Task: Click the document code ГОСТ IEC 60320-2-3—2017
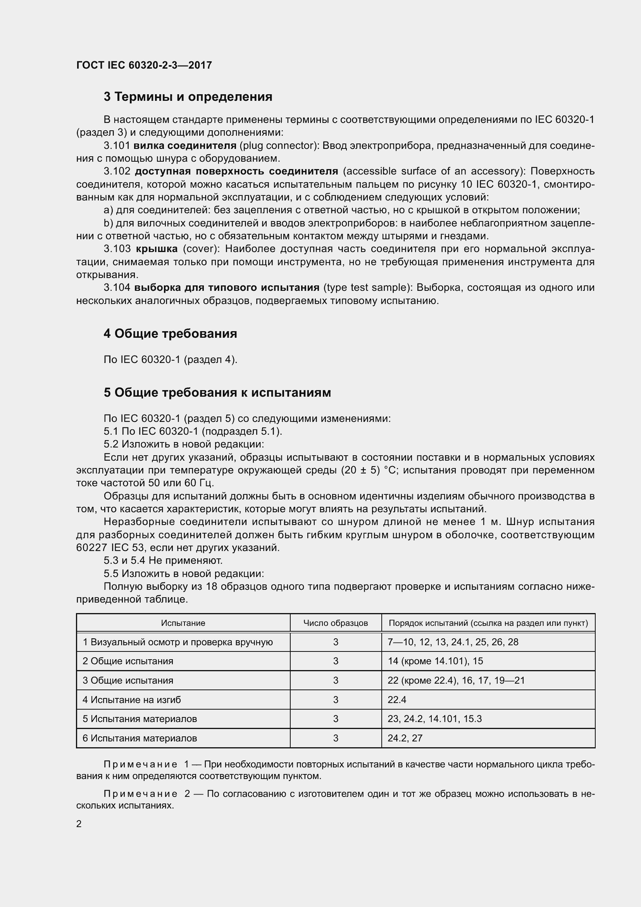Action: point(144,65)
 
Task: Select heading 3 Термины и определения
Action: point(188,97)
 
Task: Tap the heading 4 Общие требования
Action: point(170,334)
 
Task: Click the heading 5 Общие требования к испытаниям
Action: point(217,393)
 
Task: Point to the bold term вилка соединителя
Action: point(185,146)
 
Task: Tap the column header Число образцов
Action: point(336,624)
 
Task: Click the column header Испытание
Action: point(183,624)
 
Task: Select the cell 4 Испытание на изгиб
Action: point(131,700)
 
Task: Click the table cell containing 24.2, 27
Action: point(405,738)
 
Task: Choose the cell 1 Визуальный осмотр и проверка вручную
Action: point(177,642)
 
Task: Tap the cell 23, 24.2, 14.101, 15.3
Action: point(434,719)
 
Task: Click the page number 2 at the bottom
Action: point(79,824)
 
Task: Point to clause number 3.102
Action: point(117,171)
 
